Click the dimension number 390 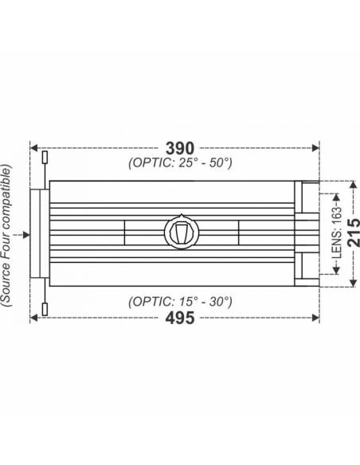point(179,147)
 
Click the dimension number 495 point(179,318)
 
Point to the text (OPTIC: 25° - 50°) point(180,163)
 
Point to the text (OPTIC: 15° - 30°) point(180,302)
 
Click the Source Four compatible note point(7,235)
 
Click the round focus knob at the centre point(181,232)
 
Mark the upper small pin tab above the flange point(45,158)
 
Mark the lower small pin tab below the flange point(45,308)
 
